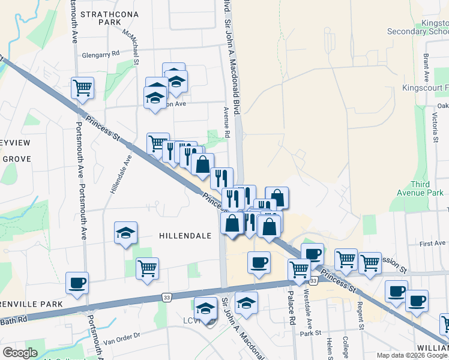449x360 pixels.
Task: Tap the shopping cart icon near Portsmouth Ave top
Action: coord(82,88)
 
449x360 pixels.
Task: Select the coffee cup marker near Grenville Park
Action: coord(77,282)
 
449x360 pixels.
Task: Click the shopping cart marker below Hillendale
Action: coord(147,268)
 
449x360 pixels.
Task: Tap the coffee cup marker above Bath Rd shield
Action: coord(259,262)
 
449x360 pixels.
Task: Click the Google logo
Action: coord(20,353)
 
